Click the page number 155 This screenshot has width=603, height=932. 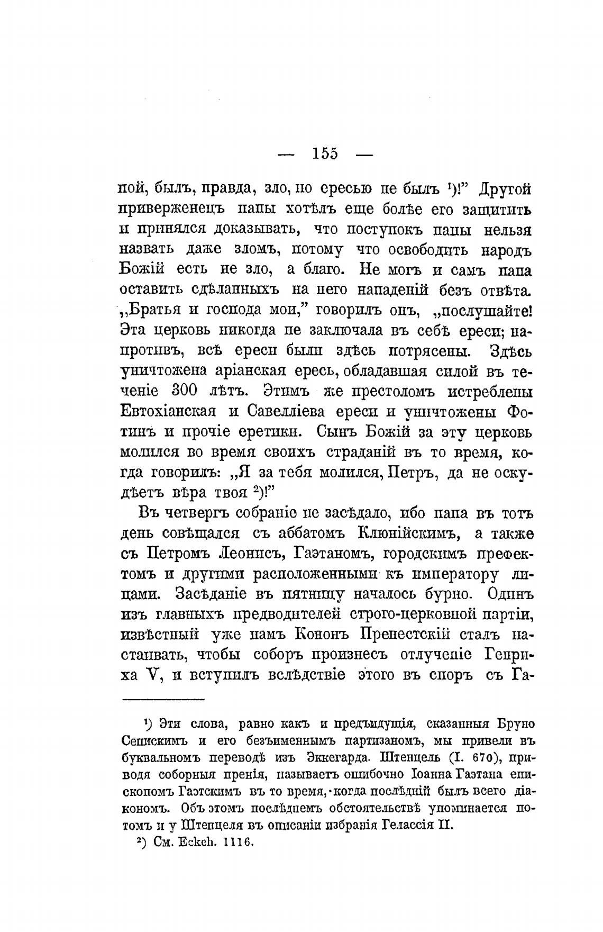(x=325, y=153)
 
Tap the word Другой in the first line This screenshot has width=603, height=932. (x=502, y=189)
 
